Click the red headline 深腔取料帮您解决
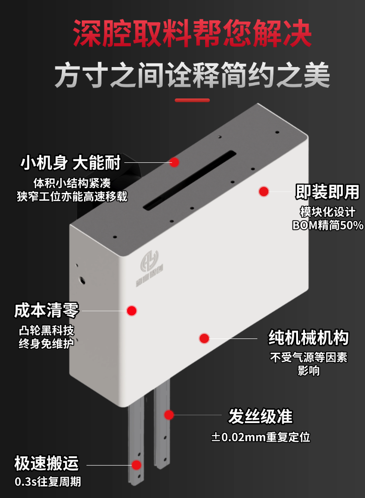click(192, 33)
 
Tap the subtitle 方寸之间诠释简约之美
click(192, 75)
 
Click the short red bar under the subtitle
click(192, 100)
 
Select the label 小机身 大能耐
click(71, 163)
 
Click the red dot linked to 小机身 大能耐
click(174, 162)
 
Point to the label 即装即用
click(327, 192)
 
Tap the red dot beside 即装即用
click(264, 191)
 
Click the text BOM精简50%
click(328, 225)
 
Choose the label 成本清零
click(46, 310)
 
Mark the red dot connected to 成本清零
click(132, 311)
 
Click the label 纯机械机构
click(309, 337)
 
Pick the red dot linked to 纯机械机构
click(204, 338)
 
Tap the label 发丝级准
click(260, 416)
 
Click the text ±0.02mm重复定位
click(261, 437)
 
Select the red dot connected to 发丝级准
click(169, 415)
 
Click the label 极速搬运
click(46, 463)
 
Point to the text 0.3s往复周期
click(48, 481)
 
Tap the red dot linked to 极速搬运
click(136, 465)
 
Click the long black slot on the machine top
click(189, 180)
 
